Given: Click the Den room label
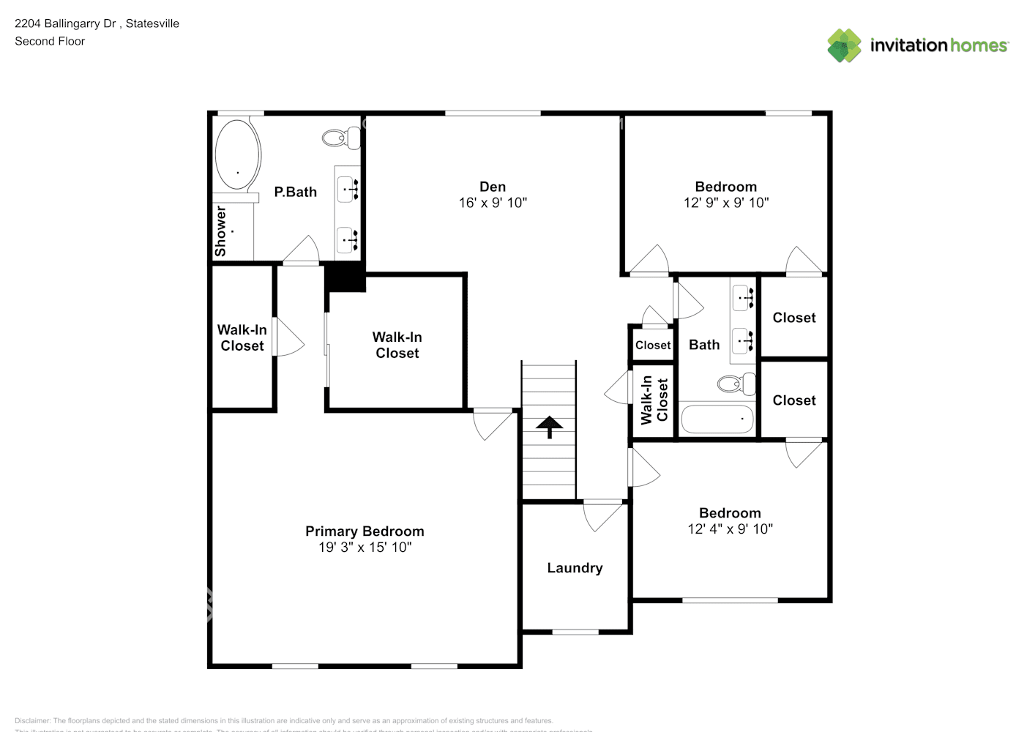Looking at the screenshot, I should (493, 187).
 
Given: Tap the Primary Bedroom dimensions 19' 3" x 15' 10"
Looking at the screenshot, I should (365, 548).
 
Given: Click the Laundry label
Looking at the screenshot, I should (575, 568).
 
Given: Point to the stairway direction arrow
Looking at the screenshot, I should (549, 426).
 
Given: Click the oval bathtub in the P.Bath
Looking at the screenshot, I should (237, 154).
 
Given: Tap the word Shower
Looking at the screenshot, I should (220, 231).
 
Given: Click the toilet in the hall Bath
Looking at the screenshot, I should (735, 383).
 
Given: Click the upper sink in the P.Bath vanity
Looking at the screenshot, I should (347, 190).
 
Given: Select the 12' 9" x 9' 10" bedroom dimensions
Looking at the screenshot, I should (726, 203).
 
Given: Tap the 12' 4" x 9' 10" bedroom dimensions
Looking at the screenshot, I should (730, 529).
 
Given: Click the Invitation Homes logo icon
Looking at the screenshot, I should (844, 45).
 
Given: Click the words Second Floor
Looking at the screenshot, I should (50, 41).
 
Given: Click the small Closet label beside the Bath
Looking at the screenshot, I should (652, 346).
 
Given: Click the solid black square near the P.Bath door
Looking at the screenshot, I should (345, 278).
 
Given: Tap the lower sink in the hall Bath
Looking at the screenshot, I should (742, 340).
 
